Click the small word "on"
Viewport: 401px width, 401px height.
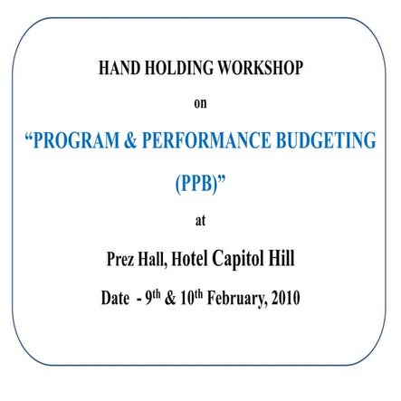[x=200, y=103]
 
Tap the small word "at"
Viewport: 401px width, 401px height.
[x=200, y=221]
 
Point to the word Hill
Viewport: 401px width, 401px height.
[x=285, y=259]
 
